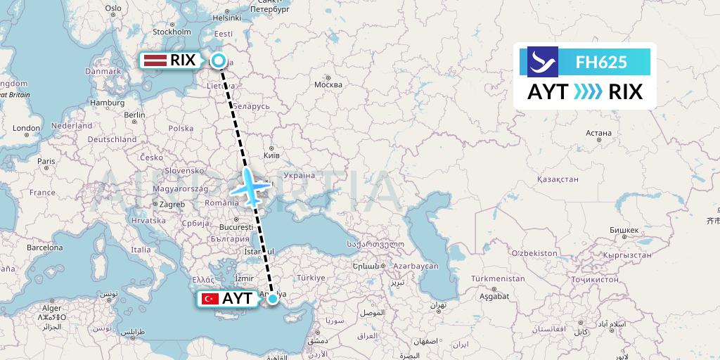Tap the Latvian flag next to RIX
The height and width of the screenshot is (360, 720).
pyautogui.click(x=154, y=60)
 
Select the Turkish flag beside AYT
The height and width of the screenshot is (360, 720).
pyautogui.click(x=209, y=299)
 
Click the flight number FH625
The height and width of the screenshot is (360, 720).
pyautogui.click(x=601, y=62)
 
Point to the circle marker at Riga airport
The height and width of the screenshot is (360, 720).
pyautogui.click(x=219, y=60)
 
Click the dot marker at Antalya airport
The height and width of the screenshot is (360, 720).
pyautogui.click(x=272, y=299)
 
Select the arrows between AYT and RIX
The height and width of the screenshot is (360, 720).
pyautogui.click(x=588, y=92)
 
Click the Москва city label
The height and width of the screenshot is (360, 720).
pyautogui.click(x=328, y=84)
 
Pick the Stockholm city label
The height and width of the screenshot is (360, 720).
pyautogui.click(x=172, y=32)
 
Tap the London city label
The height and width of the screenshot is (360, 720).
pyautogui.click(x=26, y=129)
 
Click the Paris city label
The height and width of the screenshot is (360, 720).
pyautogui.click(x=46, y=161)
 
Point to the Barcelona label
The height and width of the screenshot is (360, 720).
pyautogui.click(x=44, y=247)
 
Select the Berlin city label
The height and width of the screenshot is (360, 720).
pyautogui.click(x=134, y=115)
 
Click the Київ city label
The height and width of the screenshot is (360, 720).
pyautogui.click(x=271, y=155)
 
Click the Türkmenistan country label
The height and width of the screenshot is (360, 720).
pyautogui.click(x=499, y=278)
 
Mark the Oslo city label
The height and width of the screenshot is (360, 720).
pyautogui.click(x=113, y=8)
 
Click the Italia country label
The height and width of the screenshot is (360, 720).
pyautogui.click(x=141, y=250)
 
